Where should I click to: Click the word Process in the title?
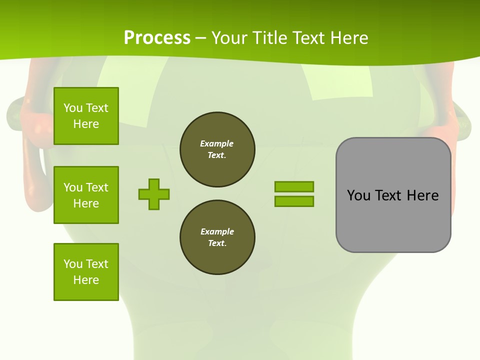[157, 37]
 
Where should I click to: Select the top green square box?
[86, 116]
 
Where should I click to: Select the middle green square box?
[86, 195]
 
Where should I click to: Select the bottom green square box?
[86, 272]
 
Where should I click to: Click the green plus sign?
[154, 194]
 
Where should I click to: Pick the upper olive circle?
[217, 149]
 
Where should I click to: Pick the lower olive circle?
[217, 237]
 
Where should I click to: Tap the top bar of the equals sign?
[294, 186]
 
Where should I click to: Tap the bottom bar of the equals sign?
[294, 201]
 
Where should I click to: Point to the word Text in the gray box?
[388, 195]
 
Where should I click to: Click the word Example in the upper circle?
[216, 143]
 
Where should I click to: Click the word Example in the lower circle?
[217, 231]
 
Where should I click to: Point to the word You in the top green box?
[72, 108]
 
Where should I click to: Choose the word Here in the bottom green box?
[86, 280]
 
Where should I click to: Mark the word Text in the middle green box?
[96, 187]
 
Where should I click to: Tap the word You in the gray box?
[358, 195]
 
